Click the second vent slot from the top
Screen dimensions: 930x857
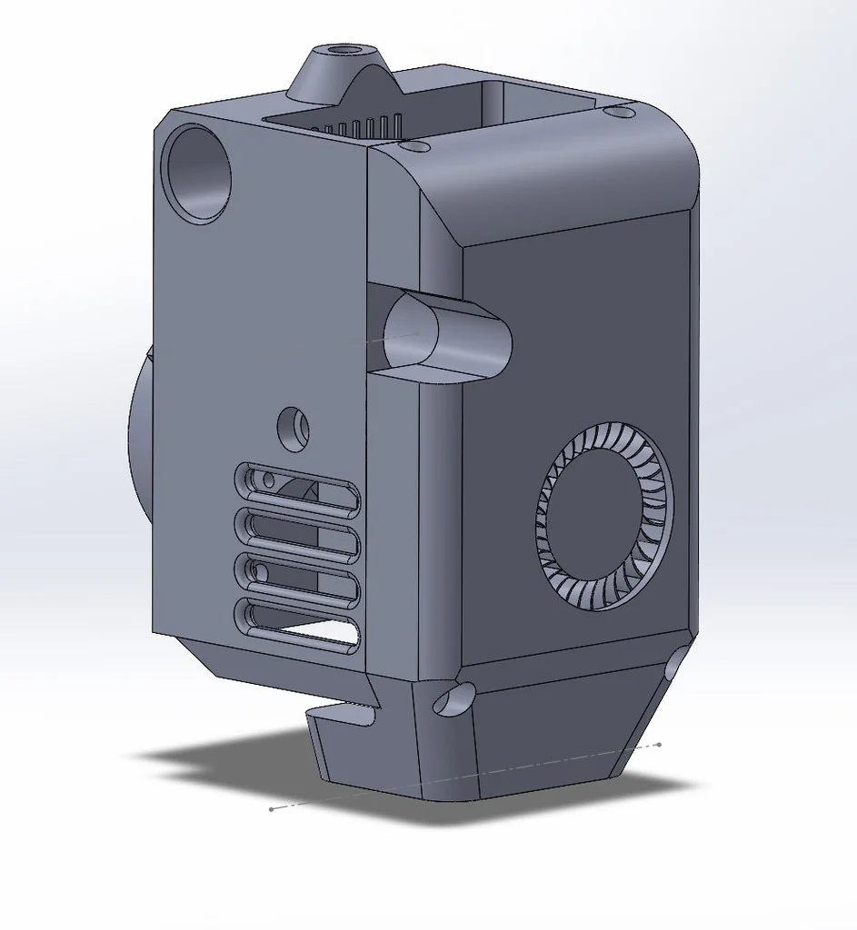coord(298,536)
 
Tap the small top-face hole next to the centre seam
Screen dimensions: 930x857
coord(414,145)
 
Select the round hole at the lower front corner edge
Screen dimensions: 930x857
coord(454,698)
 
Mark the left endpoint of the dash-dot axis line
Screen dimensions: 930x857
coord(272,808)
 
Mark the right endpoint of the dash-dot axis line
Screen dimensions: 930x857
coord(659,745)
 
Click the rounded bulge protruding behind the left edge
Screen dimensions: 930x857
coord(139,436)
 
